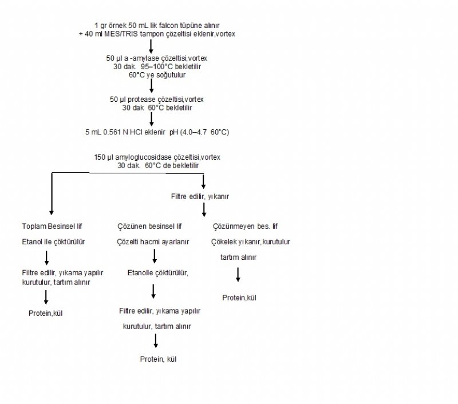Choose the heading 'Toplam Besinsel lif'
[48, 226]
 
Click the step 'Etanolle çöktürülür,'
[158, 272]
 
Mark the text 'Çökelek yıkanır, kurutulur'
[251, 242]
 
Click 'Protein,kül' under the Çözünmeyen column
[240, 298]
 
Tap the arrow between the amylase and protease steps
[152, 85]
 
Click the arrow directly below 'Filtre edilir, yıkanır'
[204, 209]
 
